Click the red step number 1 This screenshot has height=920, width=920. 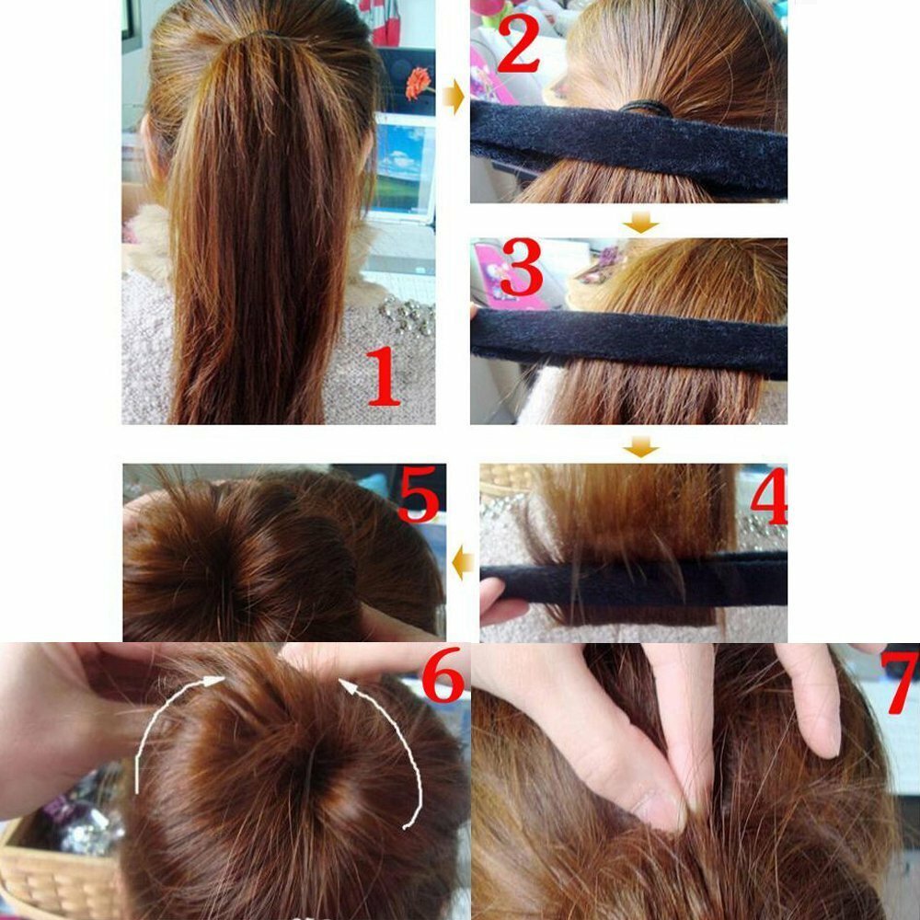pos(385,376)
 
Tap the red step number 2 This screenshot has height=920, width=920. pos(517,43)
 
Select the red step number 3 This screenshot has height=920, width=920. pos(521,267)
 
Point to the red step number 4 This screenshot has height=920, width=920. pos(769,496)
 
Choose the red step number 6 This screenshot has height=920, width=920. pos(443,674)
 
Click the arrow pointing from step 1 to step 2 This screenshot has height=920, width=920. pos(453,97)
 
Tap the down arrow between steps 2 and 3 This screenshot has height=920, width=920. pos(640,223)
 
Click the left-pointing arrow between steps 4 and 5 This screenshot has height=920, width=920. pos(463,562)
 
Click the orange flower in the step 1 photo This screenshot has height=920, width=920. pos(418,83)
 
